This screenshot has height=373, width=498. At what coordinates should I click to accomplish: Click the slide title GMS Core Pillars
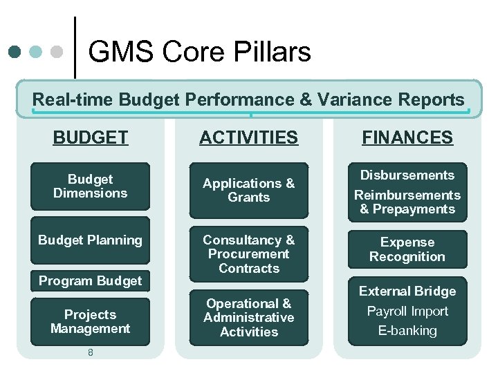[199, 52]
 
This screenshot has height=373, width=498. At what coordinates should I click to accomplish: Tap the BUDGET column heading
[91, 137]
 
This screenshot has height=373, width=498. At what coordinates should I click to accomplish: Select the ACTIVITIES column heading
[249, 137]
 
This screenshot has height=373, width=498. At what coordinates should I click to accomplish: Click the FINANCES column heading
[407, 137]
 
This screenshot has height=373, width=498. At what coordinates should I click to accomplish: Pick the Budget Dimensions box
[91, 186]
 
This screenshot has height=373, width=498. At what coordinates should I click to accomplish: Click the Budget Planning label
[91, 240]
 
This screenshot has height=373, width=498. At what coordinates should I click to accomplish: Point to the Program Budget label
[91, 280]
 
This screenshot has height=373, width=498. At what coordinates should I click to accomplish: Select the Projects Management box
[91, 322]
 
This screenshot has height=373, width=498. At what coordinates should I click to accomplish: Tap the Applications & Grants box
[249, 190]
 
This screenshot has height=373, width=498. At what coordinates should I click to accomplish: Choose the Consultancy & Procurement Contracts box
[249, 254]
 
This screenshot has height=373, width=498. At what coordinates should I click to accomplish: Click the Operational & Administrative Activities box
[249, 318]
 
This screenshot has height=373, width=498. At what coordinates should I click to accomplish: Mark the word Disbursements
[407, 175]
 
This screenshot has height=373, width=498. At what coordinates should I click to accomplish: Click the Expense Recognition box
[407, 249]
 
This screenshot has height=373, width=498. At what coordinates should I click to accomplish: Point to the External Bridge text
[407, 291]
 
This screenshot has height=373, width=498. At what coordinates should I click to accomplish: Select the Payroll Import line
[407, 312]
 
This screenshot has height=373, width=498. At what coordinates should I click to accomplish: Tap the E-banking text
[407, 331]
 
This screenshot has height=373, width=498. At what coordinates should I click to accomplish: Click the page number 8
[91, 352]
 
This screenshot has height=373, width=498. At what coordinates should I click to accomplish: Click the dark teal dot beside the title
[15, 52]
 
